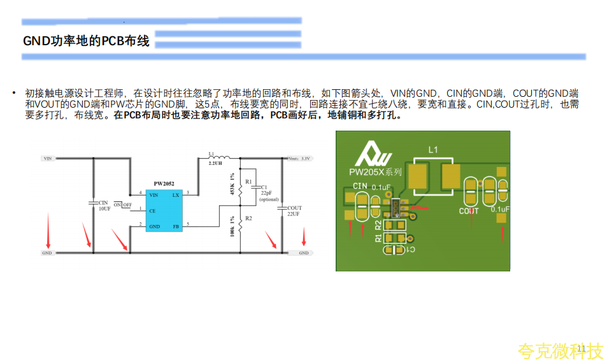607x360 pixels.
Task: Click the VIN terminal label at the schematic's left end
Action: click(x=47, y=158)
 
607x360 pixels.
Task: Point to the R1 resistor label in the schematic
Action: click(x=248, y=182)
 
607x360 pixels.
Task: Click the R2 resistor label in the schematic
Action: click(x=248, y=218)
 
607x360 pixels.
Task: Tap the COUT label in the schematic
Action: click(x=294, y=208)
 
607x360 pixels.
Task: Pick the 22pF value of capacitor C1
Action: click(x=266, y=193)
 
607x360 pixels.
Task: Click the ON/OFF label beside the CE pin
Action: click(x=123, y=205)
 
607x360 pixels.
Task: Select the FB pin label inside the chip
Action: click(x=176, y=226)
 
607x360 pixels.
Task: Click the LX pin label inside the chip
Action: click(x=176, y=194)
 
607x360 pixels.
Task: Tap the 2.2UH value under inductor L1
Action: click(x=215, y=164)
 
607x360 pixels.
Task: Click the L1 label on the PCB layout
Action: click(x=433, y=150)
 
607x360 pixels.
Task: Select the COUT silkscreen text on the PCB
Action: click(x=469, y=210)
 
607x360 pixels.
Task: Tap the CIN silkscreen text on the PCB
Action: click(x=360, y=186)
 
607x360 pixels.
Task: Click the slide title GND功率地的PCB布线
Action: click(x=86, y=41)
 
